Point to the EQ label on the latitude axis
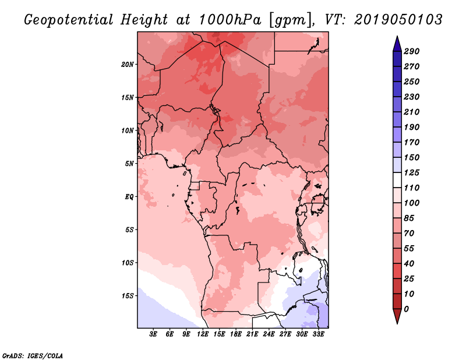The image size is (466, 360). point(129,196)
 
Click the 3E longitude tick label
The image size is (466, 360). point(154,334)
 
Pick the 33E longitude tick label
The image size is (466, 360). point(318,334)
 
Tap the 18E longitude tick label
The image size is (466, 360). point(235,334)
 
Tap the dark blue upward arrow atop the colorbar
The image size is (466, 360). point(396,43)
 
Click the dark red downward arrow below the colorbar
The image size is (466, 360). point(396,316)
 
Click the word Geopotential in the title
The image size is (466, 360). point(68,20)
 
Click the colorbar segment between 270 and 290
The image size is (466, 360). point(396,59)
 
